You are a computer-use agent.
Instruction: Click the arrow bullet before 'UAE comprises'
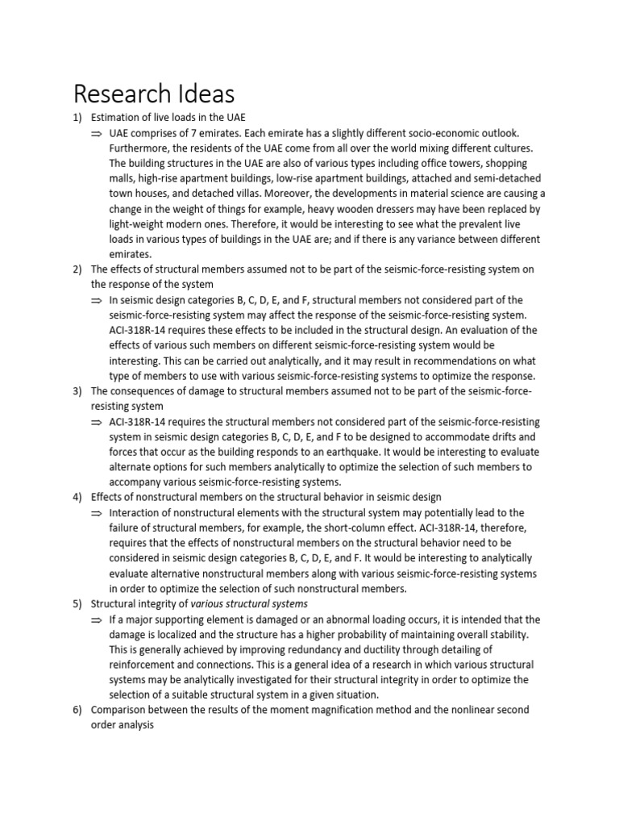pos(97,133)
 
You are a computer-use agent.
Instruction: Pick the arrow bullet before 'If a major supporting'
pos(97,619)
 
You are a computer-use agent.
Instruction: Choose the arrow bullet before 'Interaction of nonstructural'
pos(97,512)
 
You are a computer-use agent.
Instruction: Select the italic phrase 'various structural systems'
pos(249,603)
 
